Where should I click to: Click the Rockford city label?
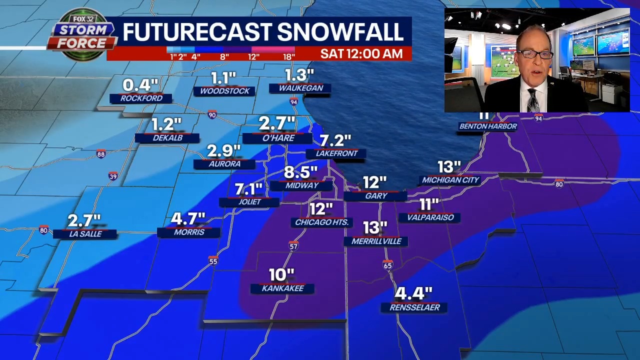click(x=141, y=98)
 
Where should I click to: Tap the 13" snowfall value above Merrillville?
click(x=374, y=228)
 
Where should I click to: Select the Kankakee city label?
click(x=283, y=288)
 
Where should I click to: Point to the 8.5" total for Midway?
click(x=300, y=172)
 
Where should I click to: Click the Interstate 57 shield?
click(x=293, y=246)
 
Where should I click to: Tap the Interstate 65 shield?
click(x=387, y=265)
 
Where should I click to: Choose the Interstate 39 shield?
click(x=113, y=176)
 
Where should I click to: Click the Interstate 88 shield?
click(x=101, y=154)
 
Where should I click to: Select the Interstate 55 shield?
click(x=213, y=261)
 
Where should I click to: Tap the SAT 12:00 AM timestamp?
click(x=361, y=53)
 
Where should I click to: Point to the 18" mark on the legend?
click(x=288, y=57)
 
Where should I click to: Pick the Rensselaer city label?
click(x=414, y=307)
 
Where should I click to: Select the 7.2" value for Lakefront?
click(x=335, y=140)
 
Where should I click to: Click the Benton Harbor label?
click(x=488, y=126)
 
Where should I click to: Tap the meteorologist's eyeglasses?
click(x=534, y=54)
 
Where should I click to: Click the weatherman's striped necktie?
click(x=533, y=99)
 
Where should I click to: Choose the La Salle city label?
click(x=85, y=233)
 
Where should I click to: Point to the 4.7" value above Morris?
click(x=188, y=219)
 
